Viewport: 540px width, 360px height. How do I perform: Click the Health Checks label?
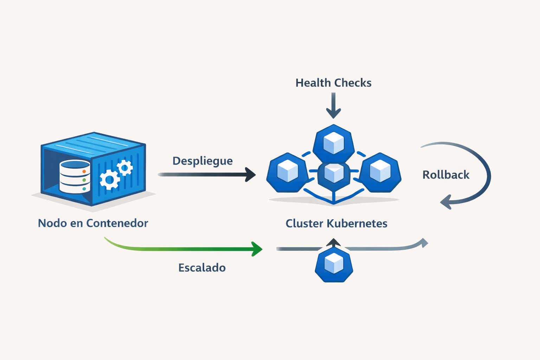pyautogui.click(x=333, y=83)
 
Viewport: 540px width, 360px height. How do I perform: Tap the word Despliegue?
pyautogui.click(x=202, y=161)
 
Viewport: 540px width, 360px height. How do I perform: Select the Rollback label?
pyautogui.click(x=446, y=175)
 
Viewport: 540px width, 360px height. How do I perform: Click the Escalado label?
pyautogui.click(x=202, y=268)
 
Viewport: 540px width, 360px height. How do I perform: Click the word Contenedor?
pyautogui.click(x=117, y=223)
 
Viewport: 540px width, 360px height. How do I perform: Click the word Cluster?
pyautogui.click(x=304, y=224)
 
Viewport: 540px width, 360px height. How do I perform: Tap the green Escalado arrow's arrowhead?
pyautogui.click(x=258, y=249)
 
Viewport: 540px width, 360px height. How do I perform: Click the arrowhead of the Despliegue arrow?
pyautogui.click(x=251, y=174)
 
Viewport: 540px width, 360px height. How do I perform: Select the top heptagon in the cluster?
pyautogui.click(x=333, y=143)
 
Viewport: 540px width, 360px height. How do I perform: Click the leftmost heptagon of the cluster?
pyautogui.click(x=288, y=173)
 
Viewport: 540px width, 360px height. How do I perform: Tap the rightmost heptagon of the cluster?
pyautogui.click(x=380, y=173)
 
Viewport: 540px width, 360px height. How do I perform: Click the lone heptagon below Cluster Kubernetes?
pyautogui.click(x=334, y=264)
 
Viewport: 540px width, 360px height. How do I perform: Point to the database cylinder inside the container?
pyautogui.click(x=75, y=176)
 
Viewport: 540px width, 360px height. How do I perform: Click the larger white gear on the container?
pyautogui.click(x=110, y=180)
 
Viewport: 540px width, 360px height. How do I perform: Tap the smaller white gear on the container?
pyautogui.click(x=125, y=168)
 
